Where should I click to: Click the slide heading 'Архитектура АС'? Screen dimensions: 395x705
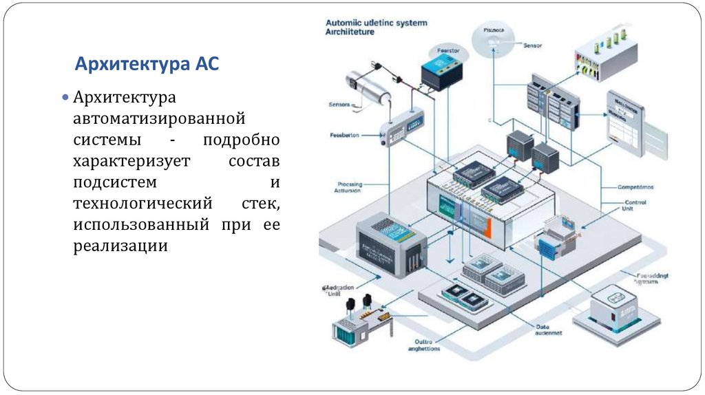click(x=147, y=65)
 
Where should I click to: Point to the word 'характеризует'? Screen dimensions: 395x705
click(x=136, y=162)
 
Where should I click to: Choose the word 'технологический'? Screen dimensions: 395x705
click(x=141, y=204)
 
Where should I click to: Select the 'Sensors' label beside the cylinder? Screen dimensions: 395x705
click(x=339, y=105)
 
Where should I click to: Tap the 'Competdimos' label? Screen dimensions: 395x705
click(x=635, y=186)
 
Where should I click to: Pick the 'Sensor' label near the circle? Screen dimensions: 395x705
click(x=532, y=45)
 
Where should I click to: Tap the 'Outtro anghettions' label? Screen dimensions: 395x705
click(x=428, y=345)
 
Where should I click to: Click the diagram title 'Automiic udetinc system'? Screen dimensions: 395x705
click(x=376, y=23)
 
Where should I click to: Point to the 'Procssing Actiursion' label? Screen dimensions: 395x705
click(x=350, y=188)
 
